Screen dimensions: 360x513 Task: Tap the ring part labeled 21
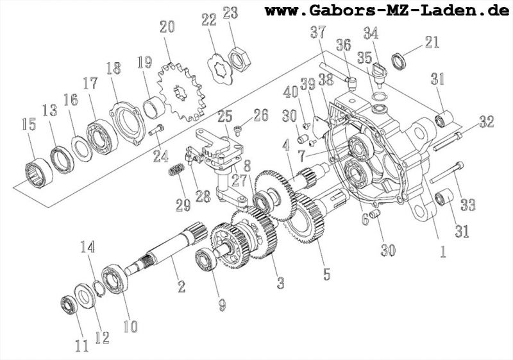398,60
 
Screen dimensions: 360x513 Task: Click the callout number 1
441,251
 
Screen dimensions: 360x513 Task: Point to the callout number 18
114,69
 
